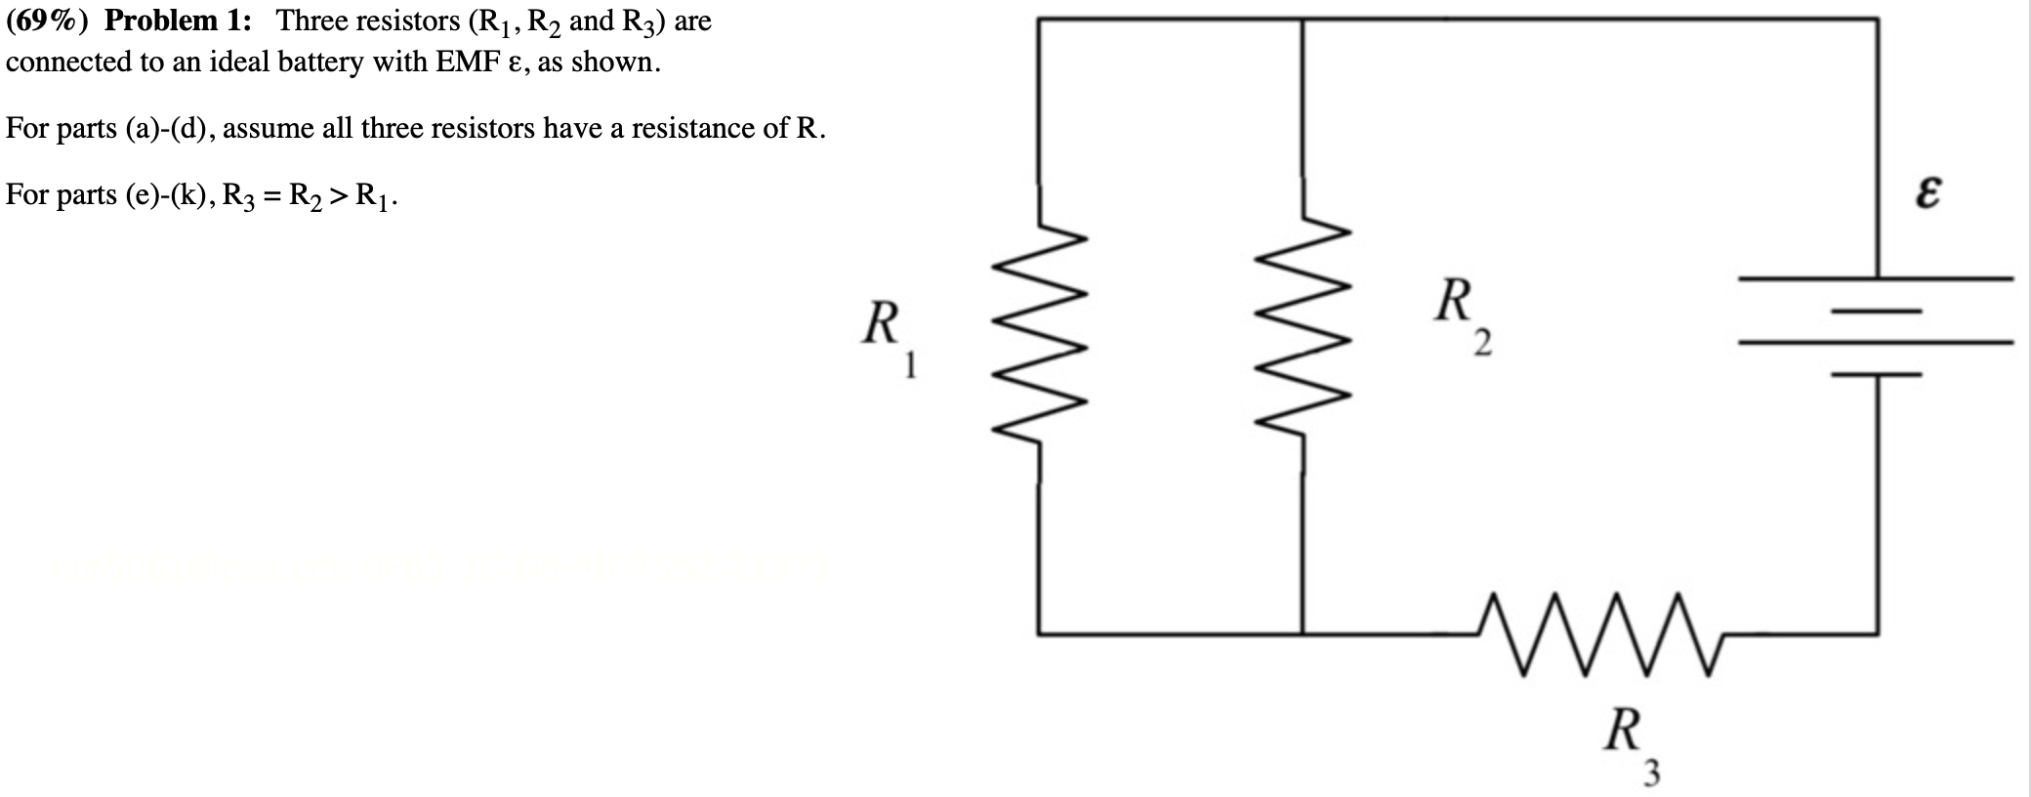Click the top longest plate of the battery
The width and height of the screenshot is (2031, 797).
pos(1875,278)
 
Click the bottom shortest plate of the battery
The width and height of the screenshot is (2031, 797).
pos(1876,374)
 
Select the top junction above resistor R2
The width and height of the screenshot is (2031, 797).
pos(1302,20)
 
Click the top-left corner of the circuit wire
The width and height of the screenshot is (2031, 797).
pos(1039,20)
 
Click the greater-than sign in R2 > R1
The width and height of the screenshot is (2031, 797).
pos(338,195)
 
